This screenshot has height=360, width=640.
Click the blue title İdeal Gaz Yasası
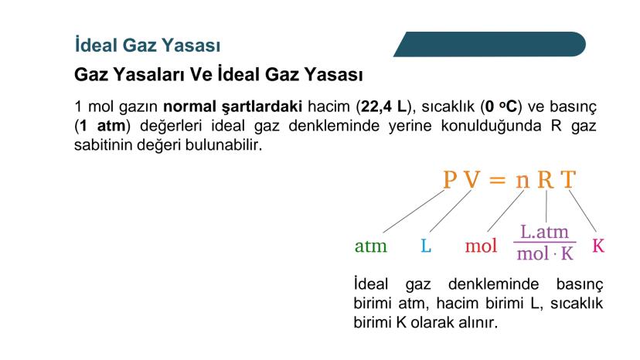point(148,45)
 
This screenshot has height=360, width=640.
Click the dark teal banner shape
point(490,44)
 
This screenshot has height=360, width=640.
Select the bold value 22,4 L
point(384,107)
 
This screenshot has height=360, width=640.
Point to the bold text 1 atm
point(103,126)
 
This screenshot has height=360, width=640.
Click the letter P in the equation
point(450,179)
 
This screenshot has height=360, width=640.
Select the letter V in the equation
point(472,179)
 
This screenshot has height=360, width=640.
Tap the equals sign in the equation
point(497,180)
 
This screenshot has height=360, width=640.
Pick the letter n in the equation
point(523,182)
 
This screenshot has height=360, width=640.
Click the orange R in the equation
point(546,179)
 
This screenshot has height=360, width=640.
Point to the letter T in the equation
point(568,179)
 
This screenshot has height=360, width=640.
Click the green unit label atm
point(370,246)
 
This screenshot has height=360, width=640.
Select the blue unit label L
point(426,246)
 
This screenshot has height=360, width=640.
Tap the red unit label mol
point(481,246)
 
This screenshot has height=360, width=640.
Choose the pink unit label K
point(598,246)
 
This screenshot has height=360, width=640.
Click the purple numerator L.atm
point(544,232)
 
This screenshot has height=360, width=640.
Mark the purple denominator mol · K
point(545,253)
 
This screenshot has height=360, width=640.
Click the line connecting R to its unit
point(546,206)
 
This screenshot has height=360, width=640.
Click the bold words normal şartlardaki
point(233,107)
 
